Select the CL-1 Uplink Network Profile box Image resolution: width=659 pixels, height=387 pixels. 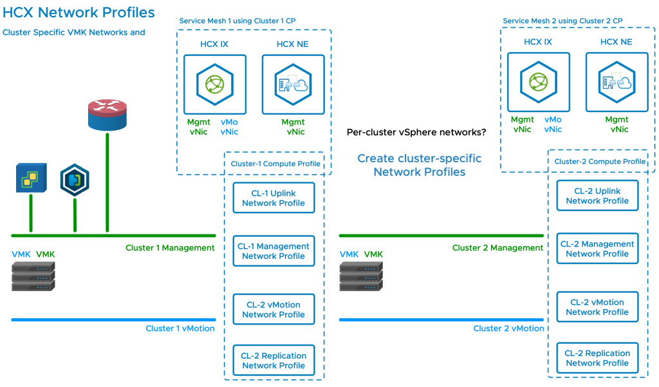(274, 198)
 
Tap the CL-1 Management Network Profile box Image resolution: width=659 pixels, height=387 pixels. (274, 251)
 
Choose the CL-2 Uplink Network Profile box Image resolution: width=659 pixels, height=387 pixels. (597, 196)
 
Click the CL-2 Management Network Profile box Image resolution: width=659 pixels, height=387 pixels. (597, 249)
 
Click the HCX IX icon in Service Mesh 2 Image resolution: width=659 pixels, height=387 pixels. (538, 82)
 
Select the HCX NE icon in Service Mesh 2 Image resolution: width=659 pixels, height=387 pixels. (617, 82)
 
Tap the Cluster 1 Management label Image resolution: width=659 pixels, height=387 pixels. (170, 248)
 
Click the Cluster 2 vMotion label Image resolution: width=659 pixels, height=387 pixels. (508, 328)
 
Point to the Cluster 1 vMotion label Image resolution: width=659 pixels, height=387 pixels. (180, 328)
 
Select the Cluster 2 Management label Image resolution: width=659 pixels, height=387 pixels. (497, 248)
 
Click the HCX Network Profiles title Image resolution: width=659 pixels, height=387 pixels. (79, 12)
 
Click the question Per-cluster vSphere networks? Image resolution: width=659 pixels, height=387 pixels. (416, 133)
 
